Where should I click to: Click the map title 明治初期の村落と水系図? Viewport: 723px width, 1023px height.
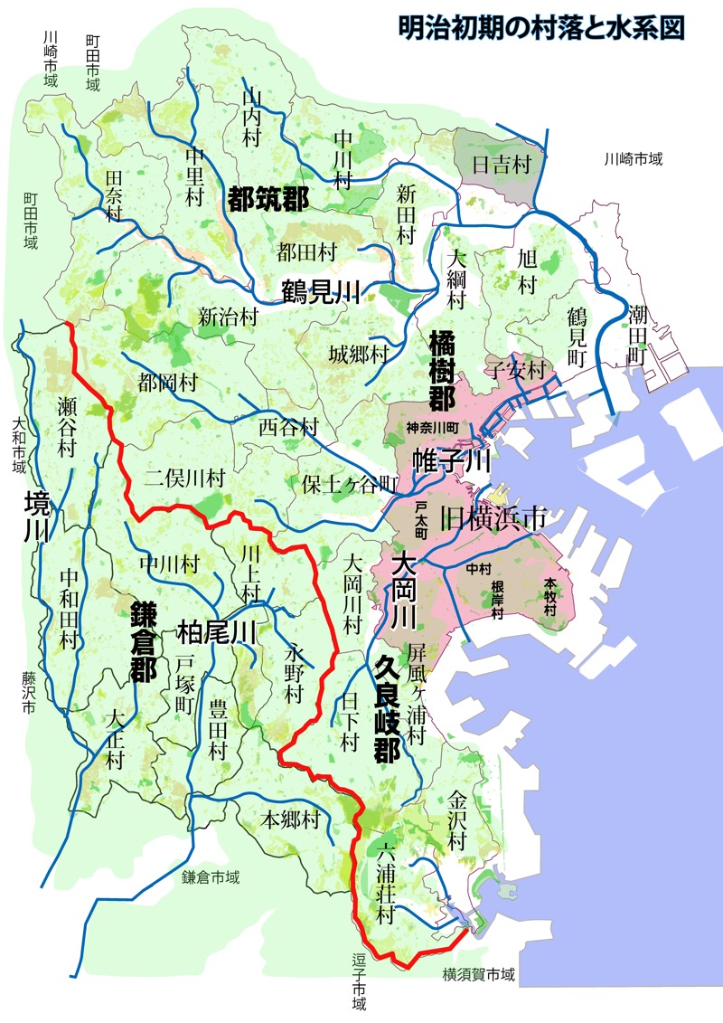click(541, 26)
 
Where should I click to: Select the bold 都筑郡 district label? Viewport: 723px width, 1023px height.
click(268, 199)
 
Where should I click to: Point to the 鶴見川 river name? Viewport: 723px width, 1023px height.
click(321, 291)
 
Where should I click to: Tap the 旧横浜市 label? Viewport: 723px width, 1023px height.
click(493, 517)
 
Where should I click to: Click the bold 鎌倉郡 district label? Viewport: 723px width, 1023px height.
click(143, 639)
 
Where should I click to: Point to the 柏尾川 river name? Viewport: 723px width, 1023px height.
click(217, 630)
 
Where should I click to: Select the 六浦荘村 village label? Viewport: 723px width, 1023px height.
click(387, 882)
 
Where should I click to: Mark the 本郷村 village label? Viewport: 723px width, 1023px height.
click(291, 820)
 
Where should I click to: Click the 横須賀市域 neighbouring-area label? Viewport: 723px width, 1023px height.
click(479, 975)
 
